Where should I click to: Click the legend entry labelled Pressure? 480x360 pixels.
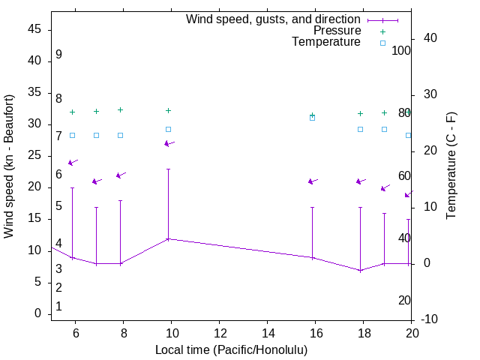tap(337, 31)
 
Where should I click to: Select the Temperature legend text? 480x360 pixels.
tap(326, 42)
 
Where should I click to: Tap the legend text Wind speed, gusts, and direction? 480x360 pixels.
tap(273, 19)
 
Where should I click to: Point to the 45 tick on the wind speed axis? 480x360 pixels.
tap(34, 30)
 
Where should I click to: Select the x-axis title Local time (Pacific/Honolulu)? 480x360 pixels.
tap(231, 349)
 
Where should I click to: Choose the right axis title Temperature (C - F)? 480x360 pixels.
tap(451, 166)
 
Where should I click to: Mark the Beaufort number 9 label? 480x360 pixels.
tap(58, 55)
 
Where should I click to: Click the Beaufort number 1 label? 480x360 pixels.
tap(58, 307)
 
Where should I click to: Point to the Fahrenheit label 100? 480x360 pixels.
tap(401, 50)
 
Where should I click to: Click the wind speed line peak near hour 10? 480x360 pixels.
tap(168, 238)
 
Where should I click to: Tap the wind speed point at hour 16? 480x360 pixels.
tap(312, 257)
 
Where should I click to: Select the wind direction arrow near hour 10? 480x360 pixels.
tap(169, 143)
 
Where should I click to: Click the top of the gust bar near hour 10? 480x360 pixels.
tap(168, 169)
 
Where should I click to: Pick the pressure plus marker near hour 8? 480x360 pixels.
tap(120, 109)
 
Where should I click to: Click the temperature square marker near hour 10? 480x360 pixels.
tap(168, 129)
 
